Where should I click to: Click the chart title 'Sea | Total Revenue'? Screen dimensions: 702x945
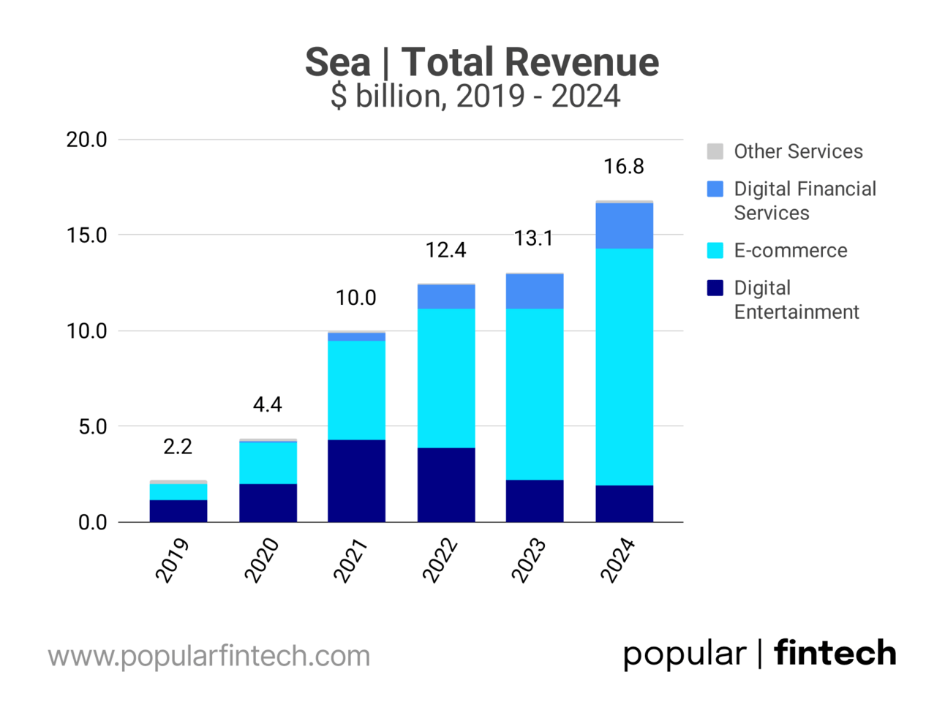tap(481, 61)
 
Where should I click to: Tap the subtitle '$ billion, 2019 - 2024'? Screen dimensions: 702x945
tap(475, 96)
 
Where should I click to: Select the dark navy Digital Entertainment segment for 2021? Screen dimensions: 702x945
tap(356, 480)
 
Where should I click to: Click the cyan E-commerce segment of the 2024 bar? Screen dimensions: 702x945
tap(624, 366)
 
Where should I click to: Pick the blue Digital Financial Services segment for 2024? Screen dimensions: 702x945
tap(624, 226)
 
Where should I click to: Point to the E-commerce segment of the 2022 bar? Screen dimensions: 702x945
tap(445, 377)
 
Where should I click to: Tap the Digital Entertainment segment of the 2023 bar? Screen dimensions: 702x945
tap(535, 501)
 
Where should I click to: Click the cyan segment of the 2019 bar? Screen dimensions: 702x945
tap(178, 491)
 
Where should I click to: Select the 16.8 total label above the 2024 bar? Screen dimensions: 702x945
tap(624, 167)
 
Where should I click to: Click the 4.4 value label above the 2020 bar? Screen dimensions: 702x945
tap(267, 404)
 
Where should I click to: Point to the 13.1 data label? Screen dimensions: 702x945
tap(534, 238)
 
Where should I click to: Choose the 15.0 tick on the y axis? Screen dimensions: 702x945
tap(86, 235)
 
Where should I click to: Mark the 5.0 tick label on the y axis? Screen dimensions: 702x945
tap(93, 427)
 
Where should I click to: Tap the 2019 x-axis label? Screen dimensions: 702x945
tap(173, 560)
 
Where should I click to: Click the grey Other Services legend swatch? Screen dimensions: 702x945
tap(715, 151)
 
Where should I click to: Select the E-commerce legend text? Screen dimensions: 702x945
tap(791, 250)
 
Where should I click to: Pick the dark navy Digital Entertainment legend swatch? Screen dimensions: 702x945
tap(715, 288)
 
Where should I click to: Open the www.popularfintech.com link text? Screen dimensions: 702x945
tap(209, 656)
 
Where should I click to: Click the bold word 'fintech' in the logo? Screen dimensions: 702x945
tap(835, 653)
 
